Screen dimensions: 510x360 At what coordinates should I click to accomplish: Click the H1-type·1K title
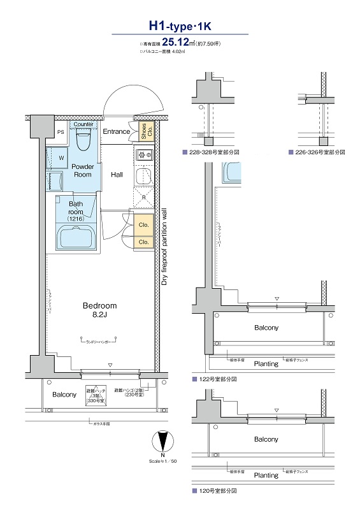[x=179, y=26]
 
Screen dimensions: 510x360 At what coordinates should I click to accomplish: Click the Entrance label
[x=117, y=132]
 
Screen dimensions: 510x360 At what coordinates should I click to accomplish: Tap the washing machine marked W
[x=61, y=157]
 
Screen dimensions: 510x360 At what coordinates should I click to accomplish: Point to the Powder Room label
[x=83, y=170]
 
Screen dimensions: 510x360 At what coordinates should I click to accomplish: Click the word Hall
[x=117, y=174]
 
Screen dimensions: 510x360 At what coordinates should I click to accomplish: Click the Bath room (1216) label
[x=76, y=212]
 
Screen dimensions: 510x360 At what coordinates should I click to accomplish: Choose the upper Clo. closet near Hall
[x=143, y=225]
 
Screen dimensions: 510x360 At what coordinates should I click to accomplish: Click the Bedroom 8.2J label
[x=100, y=310]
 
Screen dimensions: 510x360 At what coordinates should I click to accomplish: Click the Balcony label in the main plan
[x=64, y=395]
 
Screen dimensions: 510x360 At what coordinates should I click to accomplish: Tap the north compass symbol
[x=164, y=441]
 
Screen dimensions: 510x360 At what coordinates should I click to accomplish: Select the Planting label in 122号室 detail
[x=266, y=364]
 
